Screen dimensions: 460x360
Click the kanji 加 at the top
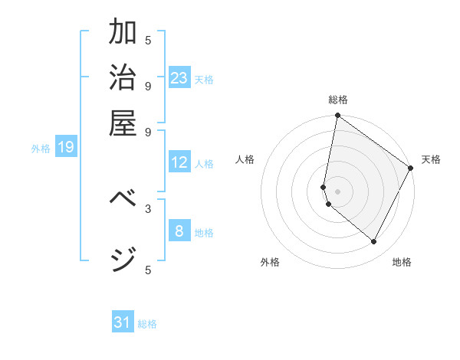click(123, 32)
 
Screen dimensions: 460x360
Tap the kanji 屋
click(123, 122)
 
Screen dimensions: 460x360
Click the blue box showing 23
click(179, 77)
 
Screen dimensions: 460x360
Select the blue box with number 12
click(179, 162)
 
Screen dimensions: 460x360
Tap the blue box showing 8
click(179, 231)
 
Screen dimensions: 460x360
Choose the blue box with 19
click(66, 147)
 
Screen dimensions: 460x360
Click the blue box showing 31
click(123, 322)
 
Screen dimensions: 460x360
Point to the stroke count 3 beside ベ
click(148, 208)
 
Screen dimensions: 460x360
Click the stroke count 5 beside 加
click(148, 40)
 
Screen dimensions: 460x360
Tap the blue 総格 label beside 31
click(147, 324)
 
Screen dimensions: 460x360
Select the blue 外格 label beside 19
click(41, 149)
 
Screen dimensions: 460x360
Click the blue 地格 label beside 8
click(204, 233)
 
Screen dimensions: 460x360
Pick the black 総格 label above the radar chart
click(337, 100)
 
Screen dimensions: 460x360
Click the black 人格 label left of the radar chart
click(245, 159)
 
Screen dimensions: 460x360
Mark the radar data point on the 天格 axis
click(411, 169)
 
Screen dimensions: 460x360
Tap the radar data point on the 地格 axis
click(374, 242)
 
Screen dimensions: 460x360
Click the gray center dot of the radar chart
click(337, 191)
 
